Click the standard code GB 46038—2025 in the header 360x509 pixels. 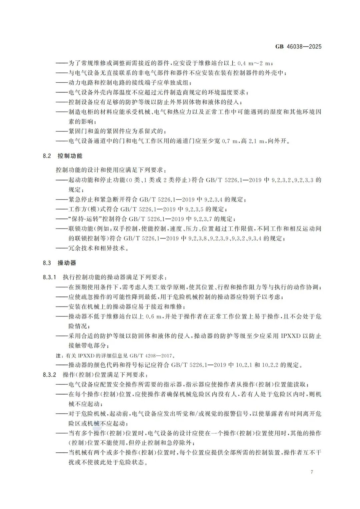pyautogui.click(x=298, y=46)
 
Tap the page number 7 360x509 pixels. pyautogui.click(x=312, y=472)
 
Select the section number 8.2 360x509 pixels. pyautogui.click(x=47, y=156)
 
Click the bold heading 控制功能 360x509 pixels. pyautogui.click(x=70, y=156)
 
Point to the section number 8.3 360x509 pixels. pyautogui.click(x=47, y=263)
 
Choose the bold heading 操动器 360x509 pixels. pyautogui.click(x=67, y=263)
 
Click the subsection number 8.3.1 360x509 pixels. pyautogui.click(x=50, y=277)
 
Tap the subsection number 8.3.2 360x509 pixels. pyautogui.click(x=50, y=375)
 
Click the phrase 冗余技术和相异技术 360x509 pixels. pyautogui.click(x=98, y=248)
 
